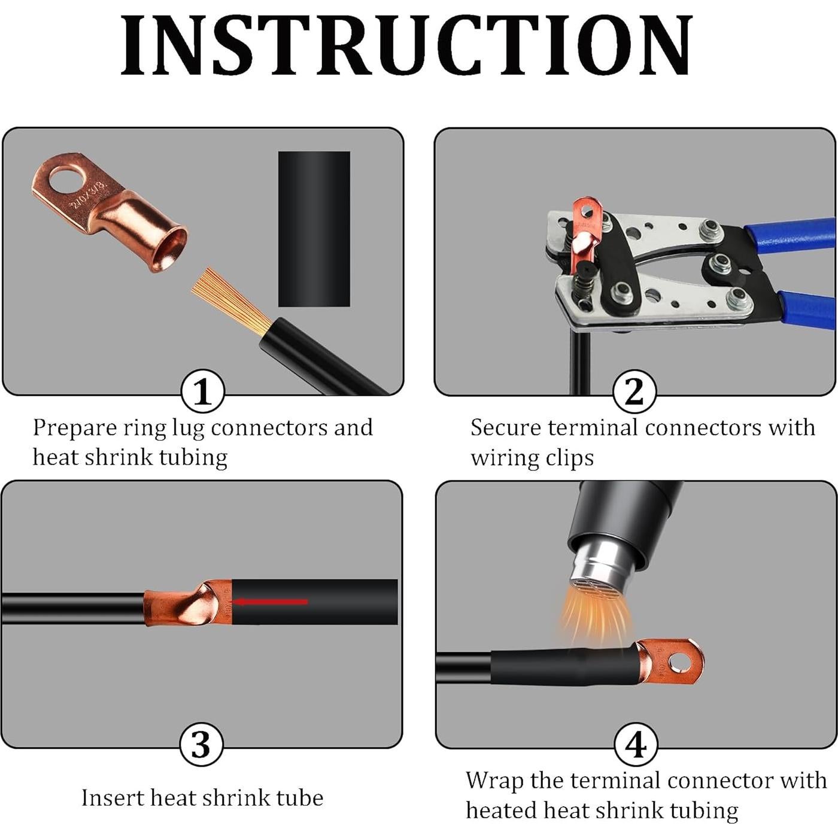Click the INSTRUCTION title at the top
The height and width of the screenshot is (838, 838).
[x=406, y=45]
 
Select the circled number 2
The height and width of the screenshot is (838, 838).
[x=634, y=392]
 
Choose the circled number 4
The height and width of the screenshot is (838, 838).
[x=636, y=745]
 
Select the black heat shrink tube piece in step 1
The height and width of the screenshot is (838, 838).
[x=314, y=229]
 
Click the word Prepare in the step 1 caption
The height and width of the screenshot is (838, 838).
[x=74, y=429]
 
